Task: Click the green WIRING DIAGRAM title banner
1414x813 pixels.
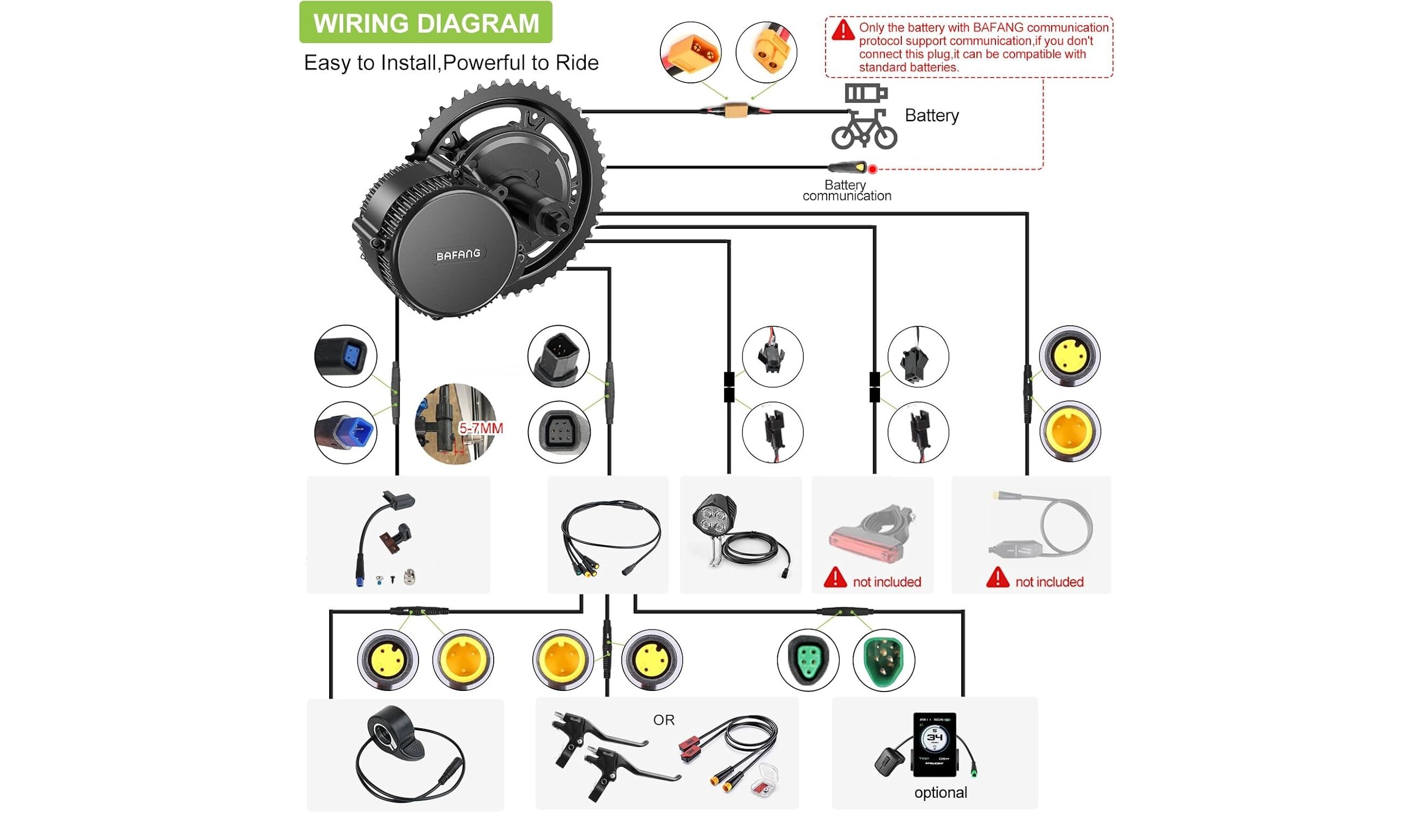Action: pos(426,22)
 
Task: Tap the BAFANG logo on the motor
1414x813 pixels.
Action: pos(458,254)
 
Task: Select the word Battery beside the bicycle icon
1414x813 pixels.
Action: pos(932,116)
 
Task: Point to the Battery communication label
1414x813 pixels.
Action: pos(846,190)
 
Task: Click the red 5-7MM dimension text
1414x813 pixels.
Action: pos(481,428)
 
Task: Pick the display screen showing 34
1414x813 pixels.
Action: pos(934,743)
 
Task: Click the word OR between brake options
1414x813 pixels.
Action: pos(664,720)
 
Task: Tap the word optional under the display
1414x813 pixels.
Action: pos(940,792)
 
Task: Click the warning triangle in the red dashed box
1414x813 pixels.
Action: pos(842,30)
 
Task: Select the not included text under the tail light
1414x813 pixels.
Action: pos(887,582)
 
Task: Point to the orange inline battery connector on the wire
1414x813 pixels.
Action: pos(736,111)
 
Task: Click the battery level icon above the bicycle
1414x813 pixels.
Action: pos(865,93)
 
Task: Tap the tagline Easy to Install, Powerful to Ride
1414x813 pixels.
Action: pos(451,63)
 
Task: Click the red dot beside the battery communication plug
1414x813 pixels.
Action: pos(872,168)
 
